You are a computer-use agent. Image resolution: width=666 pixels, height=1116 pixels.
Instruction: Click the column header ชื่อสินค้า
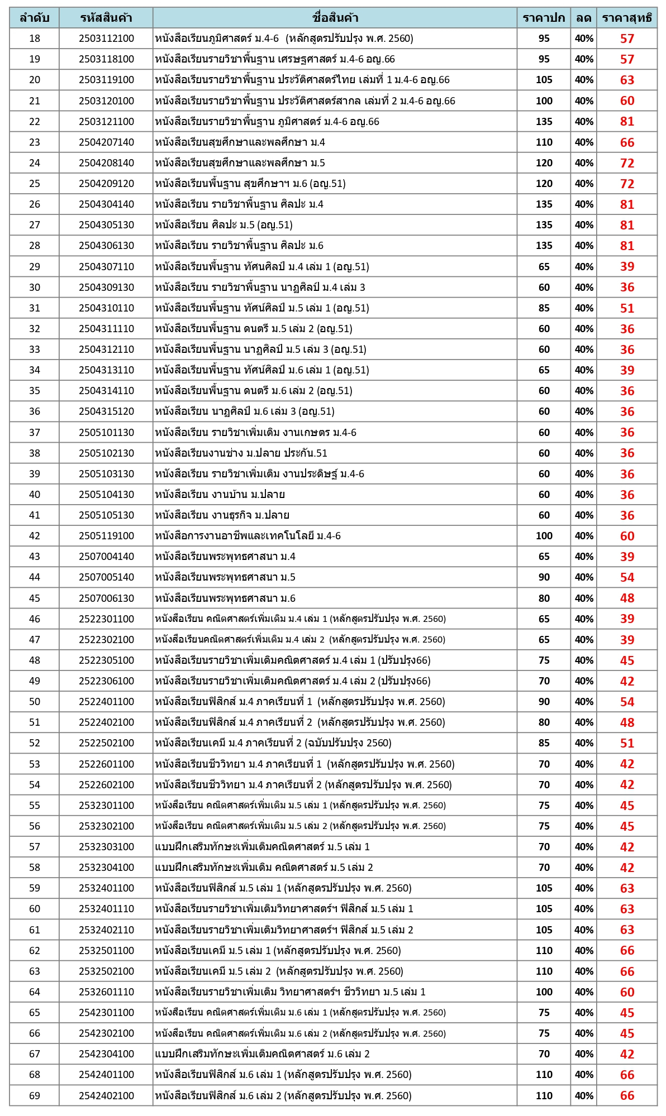335,18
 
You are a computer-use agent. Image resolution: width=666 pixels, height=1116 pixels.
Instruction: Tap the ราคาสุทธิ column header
626,18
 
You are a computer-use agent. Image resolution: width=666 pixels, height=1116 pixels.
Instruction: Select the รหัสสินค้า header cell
106,18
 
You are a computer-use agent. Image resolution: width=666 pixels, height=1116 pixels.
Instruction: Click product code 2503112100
106,39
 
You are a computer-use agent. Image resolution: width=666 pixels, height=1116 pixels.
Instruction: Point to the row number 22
35,122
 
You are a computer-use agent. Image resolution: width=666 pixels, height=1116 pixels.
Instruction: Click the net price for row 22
627,122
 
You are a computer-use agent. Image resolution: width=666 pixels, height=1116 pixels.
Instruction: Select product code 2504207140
106,142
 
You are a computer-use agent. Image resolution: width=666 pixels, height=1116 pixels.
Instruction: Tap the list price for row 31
544,308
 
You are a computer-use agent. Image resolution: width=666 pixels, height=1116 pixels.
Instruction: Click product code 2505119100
106,536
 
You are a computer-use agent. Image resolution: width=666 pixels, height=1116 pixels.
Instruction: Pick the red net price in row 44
627,577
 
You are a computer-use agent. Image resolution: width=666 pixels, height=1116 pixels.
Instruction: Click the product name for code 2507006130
225,598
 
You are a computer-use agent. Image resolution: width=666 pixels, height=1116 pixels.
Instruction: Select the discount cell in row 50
584,702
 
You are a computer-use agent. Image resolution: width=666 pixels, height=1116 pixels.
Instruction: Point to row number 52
35,743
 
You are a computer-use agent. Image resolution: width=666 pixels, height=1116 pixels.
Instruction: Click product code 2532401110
106,909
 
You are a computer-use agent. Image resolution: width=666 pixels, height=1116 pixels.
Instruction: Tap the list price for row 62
544,951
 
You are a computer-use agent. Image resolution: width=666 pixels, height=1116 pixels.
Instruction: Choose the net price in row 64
627,992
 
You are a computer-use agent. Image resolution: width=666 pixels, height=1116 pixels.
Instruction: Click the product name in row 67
262,1054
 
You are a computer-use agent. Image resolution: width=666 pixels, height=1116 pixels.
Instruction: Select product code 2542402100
106,1095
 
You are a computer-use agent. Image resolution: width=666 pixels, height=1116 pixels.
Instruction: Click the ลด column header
583,18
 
